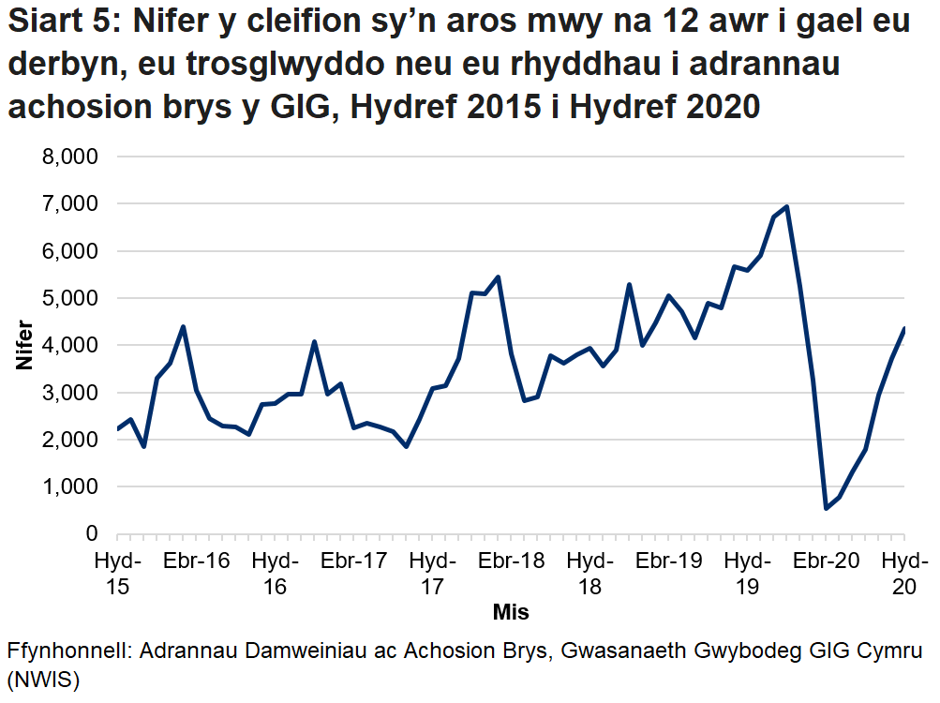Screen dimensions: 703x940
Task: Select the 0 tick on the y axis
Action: click(91, 533)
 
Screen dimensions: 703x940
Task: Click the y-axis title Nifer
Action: click(24, 345)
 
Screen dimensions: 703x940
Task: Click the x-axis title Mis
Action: click(511, 613)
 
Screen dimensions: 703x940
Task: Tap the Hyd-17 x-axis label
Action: click(432, 574)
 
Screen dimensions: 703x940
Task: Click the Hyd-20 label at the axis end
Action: click(903, 574)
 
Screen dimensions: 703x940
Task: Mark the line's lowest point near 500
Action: click(826, 508)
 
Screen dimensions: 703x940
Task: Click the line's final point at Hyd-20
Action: click(903, 328)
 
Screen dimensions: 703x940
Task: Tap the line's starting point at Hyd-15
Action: click(118, 429)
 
